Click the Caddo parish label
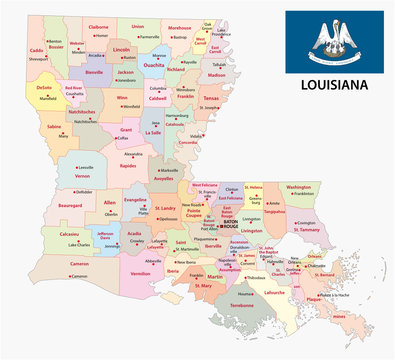[36, 50]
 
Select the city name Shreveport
[39, 59]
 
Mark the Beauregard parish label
[70, 205]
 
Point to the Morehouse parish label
[179, 28]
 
